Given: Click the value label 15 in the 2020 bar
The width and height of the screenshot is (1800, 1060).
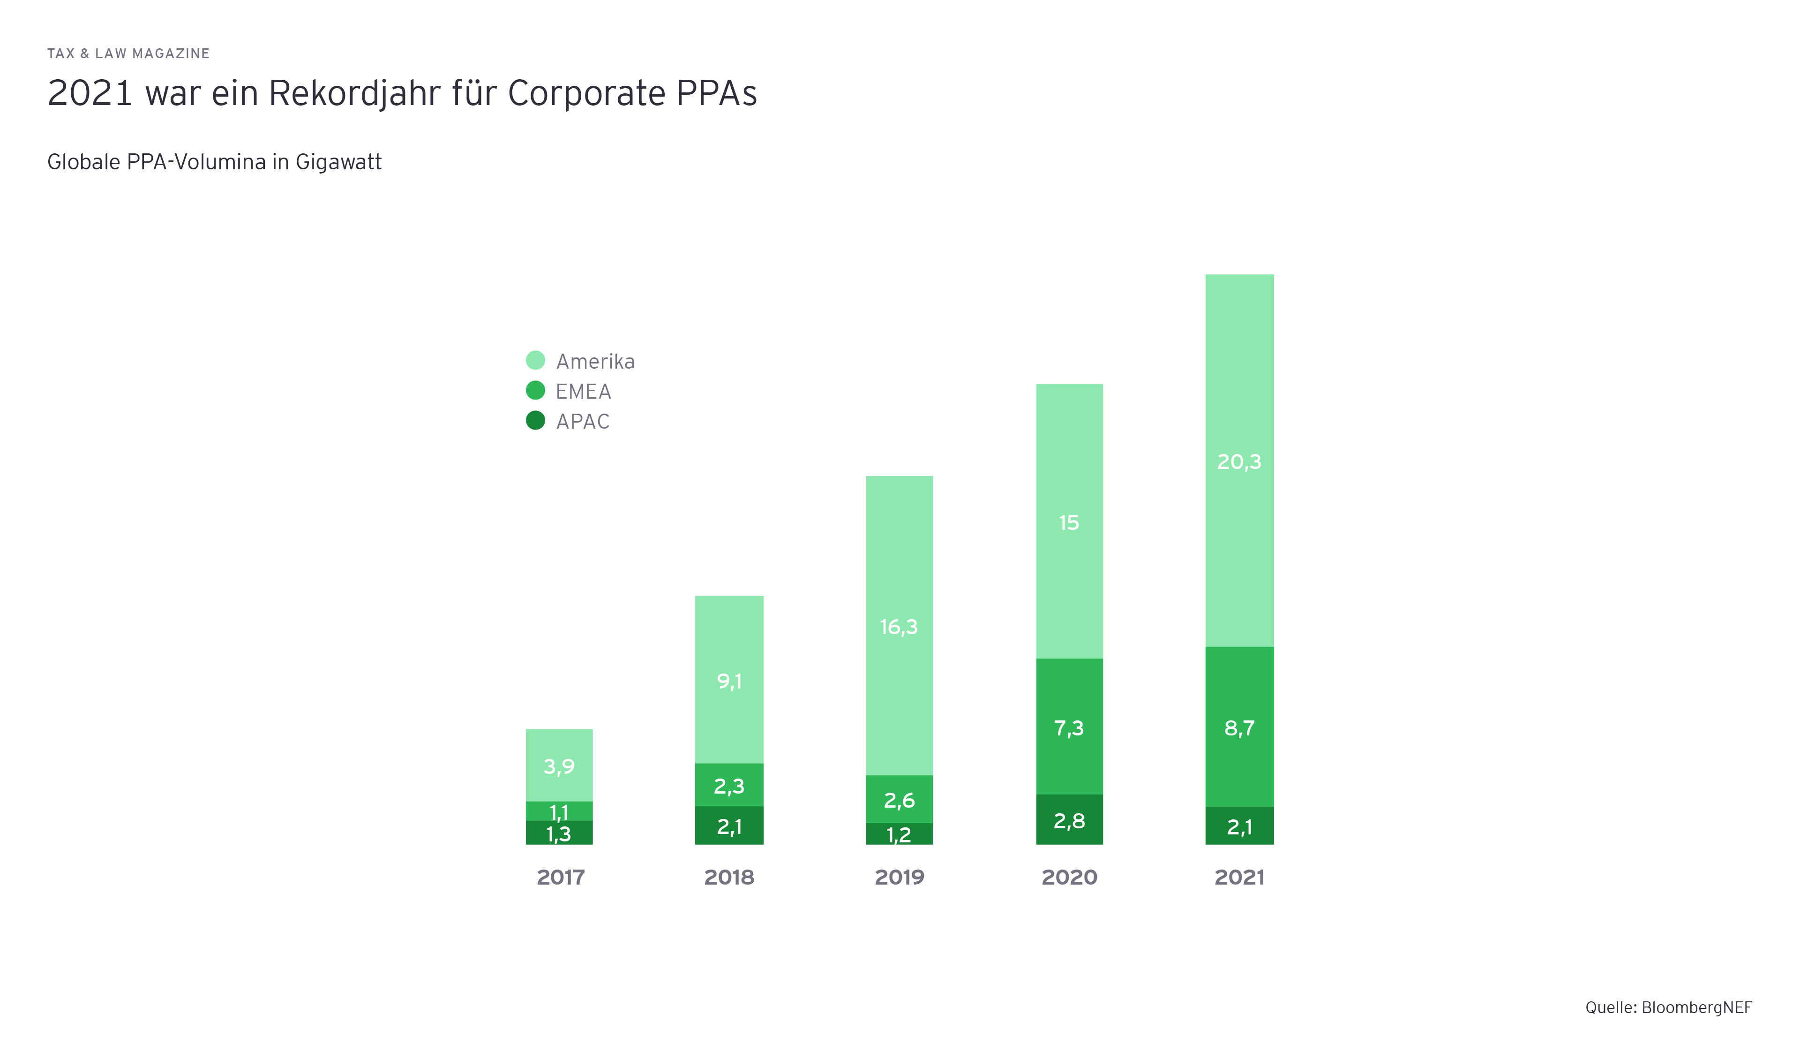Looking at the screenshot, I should [1069, 522].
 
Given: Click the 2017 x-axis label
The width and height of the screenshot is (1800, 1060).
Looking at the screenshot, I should [561, 877].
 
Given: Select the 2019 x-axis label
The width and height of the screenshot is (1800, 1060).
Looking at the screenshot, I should [899, 877].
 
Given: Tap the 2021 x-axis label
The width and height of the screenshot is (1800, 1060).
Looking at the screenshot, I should [1239, 877].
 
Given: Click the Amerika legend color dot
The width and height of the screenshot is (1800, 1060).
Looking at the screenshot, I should [535, 360].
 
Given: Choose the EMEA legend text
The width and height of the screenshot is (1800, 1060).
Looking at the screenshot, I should [583, 392].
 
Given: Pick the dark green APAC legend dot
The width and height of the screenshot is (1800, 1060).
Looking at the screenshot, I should [535, 420].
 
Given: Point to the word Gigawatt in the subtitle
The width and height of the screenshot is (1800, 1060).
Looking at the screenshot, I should [338, 162].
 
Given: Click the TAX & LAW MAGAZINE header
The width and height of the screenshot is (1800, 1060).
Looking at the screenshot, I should [128, 53].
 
